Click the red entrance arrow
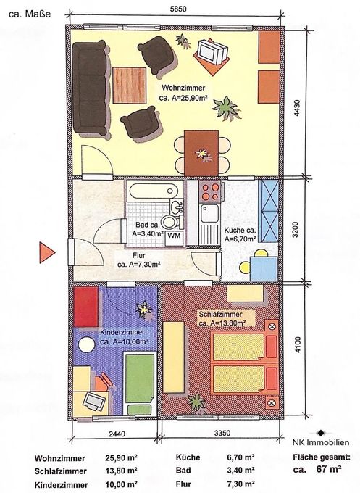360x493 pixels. tap(46, 252)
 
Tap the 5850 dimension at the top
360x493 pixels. tap(178, 9)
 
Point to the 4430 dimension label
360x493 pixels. tap(296, 109)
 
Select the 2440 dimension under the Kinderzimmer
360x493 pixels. tap(117, 434)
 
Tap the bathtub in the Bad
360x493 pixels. tap(154, 191)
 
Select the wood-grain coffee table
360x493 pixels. tap(129, 86)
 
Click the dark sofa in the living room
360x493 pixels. tap(90, 88)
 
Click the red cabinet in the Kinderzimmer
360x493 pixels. tap(85, 307)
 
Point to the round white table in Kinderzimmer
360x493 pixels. tap(86, 344)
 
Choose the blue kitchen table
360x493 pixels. tap(264, 268)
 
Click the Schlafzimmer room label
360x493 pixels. tap(220, 314)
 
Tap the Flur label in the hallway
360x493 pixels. tap(139, 255)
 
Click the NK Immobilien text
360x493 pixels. tap(321, 442)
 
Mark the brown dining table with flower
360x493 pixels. tap(201, 153)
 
